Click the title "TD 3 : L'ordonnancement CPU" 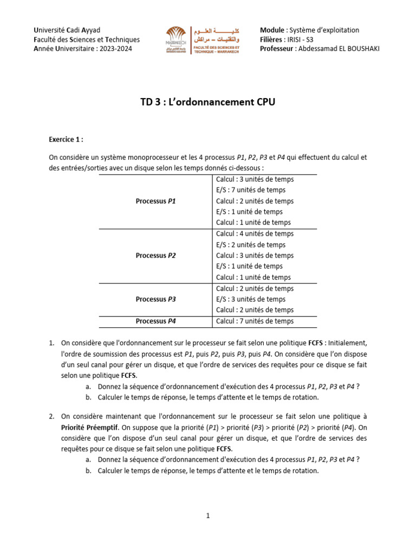coord(207,102)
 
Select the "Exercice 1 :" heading coord(66,139)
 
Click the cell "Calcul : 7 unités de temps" coord(255,321)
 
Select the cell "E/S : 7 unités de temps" coord(251,190)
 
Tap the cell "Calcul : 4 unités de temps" coord(255,234)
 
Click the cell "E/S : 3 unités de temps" coord(251,299)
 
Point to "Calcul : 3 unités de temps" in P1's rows coord(255,179)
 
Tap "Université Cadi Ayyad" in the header coord(67,30)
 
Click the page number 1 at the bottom coord(207,516)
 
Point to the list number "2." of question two coord(51,416)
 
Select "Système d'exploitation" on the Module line coord(324,30)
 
